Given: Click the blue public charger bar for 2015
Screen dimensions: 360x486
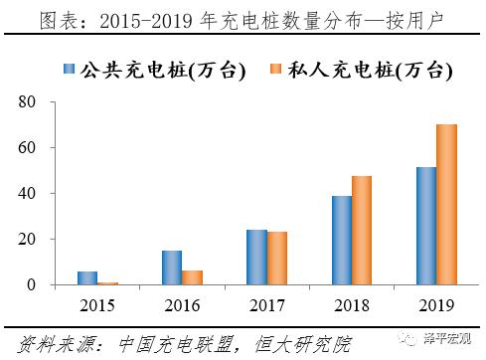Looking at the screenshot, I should (x=87, y=278).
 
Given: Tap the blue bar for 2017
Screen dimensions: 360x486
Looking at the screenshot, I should (x=256, y=258).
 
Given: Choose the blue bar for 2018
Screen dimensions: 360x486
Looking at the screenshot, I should (x=341, y=241).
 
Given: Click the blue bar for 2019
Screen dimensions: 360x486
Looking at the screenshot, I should (x=425, y=226).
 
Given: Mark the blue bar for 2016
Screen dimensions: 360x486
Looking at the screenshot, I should (x=172, y=268).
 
